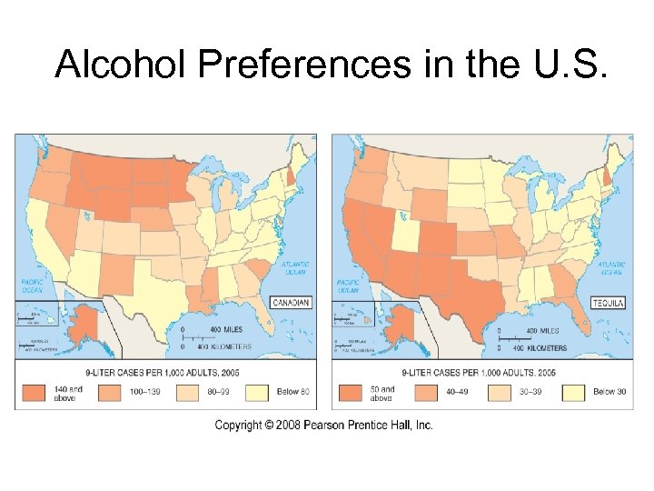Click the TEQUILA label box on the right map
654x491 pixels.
pyautogui.click(x=608, y=303)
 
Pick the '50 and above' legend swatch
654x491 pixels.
pyautogui.click(x=352, y=392)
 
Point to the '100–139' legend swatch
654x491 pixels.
pyautogui.click(x=108, y=392)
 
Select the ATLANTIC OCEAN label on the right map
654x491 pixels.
pyautogui.click(x=610, y=268)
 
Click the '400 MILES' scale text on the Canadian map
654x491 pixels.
pyautogui.click(x=223, y=329)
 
